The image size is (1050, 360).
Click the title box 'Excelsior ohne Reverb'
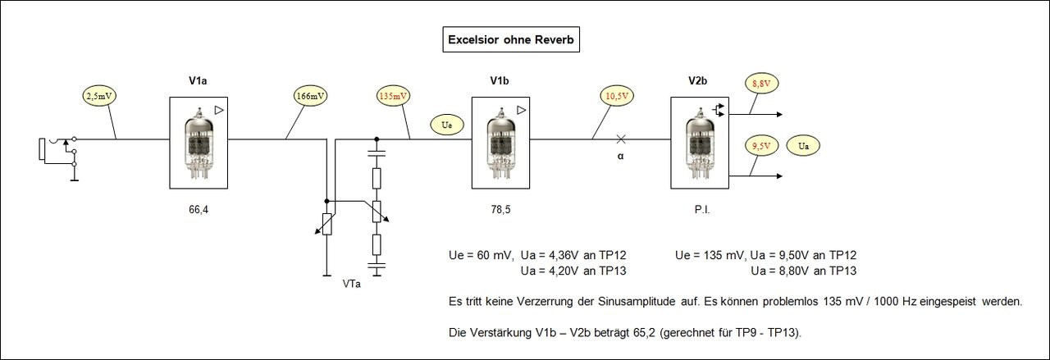(510, 39)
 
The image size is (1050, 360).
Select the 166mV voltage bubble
(310, 96)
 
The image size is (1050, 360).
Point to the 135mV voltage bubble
(392, 96)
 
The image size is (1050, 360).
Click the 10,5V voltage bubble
(617, 96)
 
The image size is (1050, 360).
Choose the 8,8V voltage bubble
(760, 83)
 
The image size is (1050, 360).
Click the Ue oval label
(446, 126)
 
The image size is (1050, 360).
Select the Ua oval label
(803, 146)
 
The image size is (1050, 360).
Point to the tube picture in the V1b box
(500, 141)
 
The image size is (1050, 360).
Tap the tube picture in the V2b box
(699, 141)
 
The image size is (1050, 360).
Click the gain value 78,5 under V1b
(500, 210)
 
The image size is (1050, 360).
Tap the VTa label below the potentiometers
(352, 284)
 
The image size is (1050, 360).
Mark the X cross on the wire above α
(621, 139)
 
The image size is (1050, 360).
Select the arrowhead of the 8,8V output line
(778, 114)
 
